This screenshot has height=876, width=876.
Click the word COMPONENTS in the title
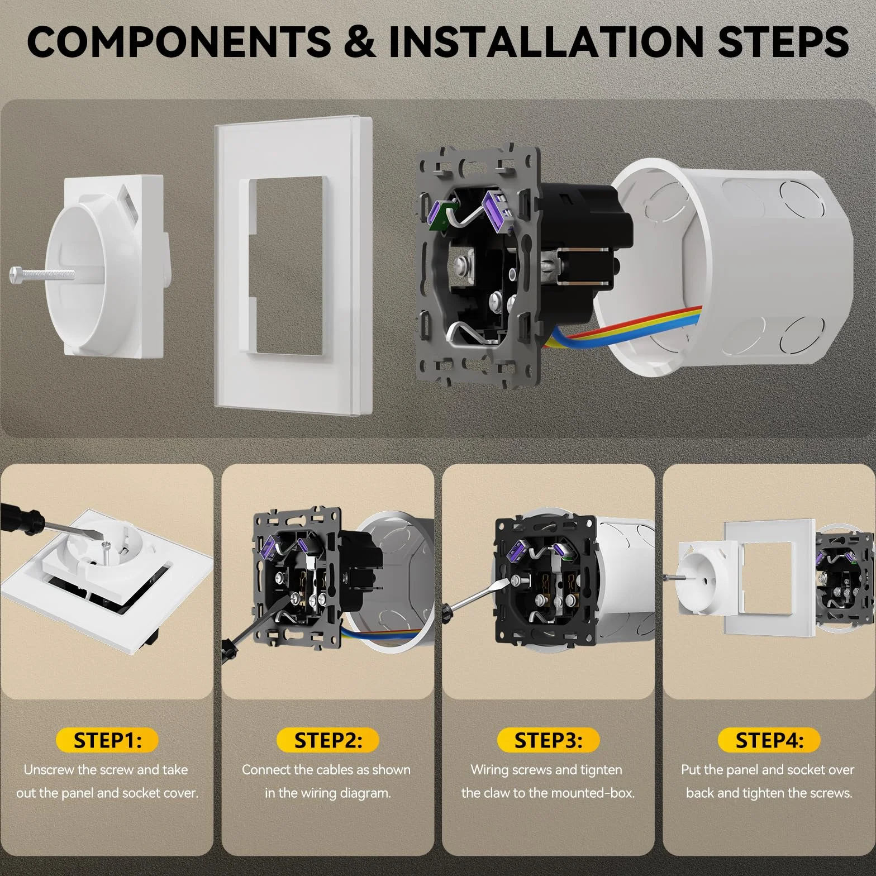(x=179, y=42)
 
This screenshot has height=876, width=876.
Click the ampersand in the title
(x=360, y=42)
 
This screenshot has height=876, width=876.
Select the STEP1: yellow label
(x=107, y=740)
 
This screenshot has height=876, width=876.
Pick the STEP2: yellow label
(x=328, y=740)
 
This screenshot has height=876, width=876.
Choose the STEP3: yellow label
(x=548, y=740)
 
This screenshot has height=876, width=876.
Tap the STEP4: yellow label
(x=769, y=740)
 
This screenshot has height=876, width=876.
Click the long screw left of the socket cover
(x=42, y=274)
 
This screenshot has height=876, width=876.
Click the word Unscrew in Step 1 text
(x=49, y=770)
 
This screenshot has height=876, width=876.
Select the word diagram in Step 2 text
(x=365, y=793)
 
